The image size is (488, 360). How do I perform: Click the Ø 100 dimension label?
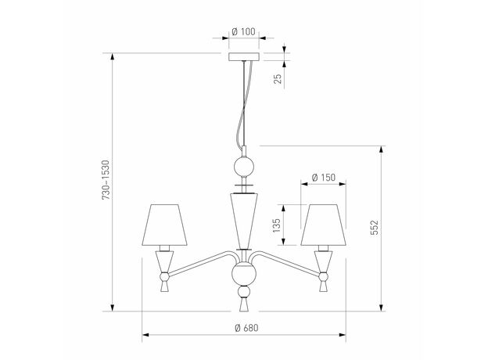coord(244,31)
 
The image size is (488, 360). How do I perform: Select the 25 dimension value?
coord(278,78)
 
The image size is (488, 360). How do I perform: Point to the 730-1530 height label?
coord(106,180)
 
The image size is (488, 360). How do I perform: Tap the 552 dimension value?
coord(375,227)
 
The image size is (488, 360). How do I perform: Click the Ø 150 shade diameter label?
coord(323,177)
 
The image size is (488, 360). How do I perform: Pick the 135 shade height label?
coord(276,225)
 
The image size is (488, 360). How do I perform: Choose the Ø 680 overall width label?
coord(247,328)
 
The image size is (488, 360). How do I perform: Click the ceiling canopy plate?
coord(244,56)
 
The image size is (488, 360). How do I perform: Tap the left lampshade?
coord(165,225)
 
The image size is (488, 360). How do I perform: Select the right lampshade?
coord(323,225)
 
